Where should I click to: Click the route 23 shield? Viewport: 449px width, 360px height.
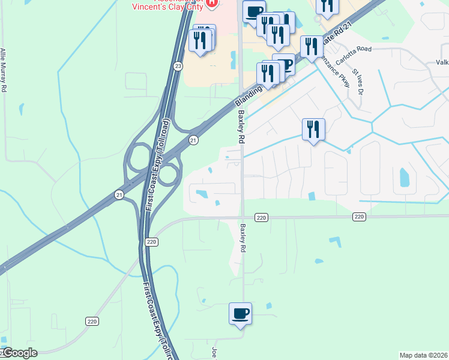pos(178,67)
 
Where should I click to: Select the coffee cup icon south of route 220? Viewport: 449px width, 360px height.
pos(240,314)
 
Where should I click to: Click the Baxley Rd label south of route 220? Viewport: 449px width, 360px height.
pos(244,238)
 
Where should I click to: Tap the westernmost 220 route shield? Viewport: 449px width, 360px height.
pos(91,322)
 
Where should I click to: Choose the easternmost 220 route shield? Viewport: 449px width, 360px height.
pos(359,217)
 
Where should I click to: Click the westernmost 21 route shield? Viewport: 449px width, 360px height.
pos(119,195)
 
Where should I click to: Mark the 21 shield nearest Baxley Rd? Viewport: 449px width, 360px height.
pos(193,140)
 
